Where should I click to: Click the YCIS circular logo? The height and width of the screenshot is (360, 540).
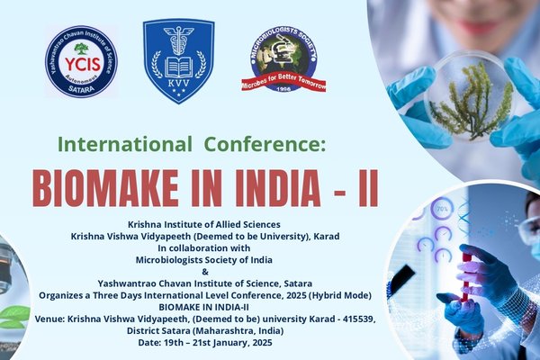click(82, 61)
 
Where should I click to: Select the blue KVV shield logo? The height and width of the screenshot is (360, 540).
click(177, 60)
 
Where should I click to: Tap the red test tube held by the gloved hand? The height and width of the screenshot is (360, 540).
click(466, 274)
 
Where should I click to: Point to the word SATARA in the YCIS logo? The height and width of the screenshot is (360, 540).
click(82, 91)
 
